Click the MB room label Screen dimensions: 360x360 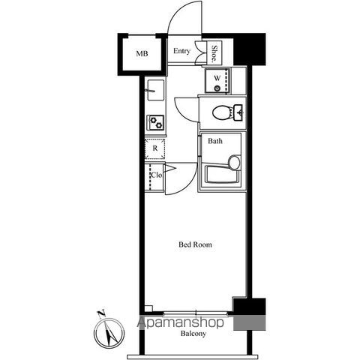pyautogui.click(x=142, y=53)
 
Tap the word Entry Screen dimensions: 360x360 pyautogui.click(x=181, y=51)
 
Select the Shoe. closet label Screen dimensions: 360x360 pyautogui.click(x=214, y=53)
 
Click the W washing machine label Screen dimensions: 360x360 pyautogui.click(x=217, y=78)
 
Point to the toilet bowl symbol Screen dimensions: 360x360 pyautogui.click(x=222, y=112)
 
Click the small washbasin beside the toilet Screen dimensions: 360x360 pyautogui.click(x=238, y=112)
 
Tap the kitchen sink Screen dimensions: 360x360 pyautogui.click(x=155, y=90)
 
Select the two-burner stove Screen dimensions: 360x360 pyautogui.click(x=155, y=122)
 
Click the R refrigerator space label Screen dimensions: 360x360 pyautogui.click(x=155, y=148)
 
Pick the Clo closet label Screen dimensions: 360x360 pyautogui.click(x=156, y=175)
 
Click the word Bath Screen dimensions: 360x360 pyautogui.click(x=215, y=141)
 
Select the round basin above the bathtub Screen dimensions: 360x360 pyautogui.click(x=235, y=162)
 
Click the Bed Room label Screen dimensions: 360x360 pyautogui.click(x=195, y=244)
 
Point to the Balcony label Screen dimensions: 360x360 pyautogui.click(x=193, y=334)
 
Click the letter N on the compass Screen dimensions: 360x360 pyautogui.click(x=101, y=313)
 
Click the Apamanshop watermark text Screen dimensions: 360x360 pyautogui.click(x=180, y=322)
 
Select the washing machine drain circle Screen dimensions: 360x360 pyautogui.click(x=217, y=88)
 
